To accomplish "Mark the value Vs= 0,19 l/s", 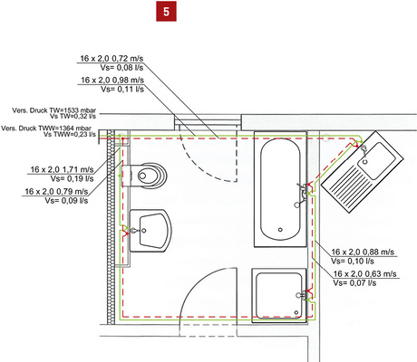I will point(73,179).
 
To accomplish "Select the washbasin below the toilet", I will point(148,230).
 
